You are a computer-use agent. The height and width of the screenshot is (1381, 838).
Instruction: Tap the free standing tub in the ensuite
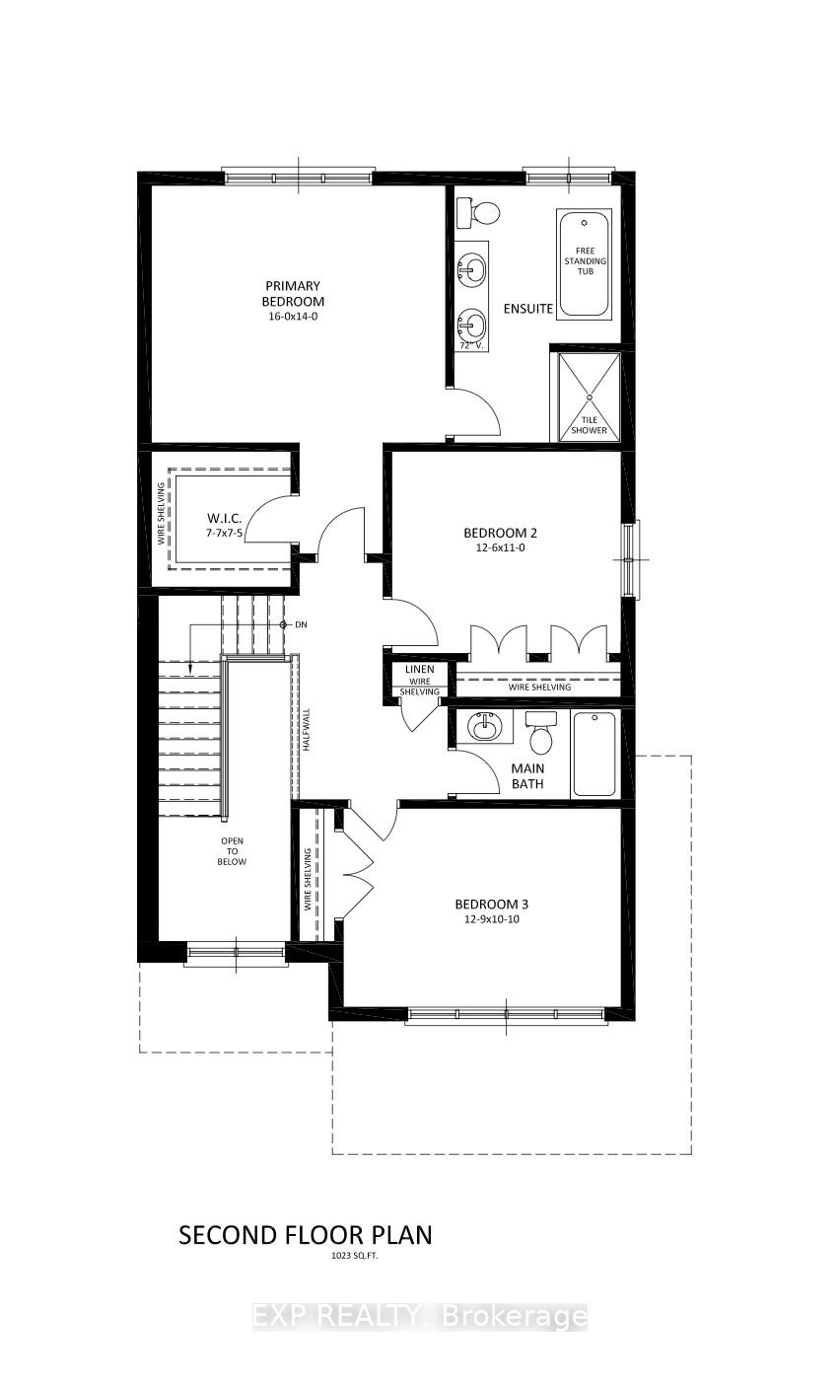(x=585, y=263)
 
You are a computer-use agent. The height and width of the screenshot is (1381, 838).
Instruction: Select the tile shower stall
(x=590, y=397)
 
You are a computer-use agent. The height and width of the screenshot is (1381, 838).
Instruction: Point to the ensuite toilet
(x=484, y=212)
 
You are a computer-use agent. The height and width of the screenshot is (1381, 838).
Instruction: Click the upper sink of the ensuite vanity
(x=473, y=267)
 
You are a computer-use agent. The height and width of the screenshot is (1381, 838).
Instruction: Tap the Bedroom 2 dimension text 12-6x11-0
(x=500, y=547)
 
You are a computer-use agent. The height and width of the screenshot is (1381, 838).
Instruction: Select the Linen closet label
(x=420, y=670)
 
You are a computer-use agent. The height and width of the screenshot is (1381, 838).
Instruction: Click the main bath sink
(x=484, y=728)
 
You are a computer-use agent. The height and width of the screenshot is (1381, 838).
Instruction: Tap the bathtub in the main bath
(x=594, y=754)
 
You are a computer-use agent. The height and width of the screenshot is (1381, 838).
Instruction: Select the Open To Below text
(x=233, y=851)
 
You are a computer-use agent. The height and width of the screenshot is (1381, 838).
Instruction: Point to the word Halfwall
(x=307, y=731)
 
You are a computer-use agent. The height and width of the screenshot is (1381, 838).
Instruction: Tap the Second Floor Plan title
(x=305, y=1235)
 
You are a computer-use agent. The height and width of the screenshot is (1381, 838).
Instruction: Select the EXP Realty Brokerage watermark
(x=420, y=1316)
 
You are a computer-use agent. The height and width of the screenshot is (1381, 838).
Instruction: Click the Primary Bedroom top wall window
(x=298, y=178)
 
